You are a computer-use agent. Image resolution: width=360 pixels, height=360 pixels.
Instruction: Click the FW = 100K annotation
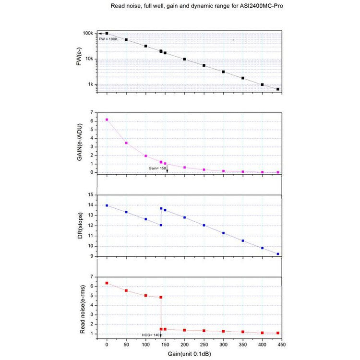tap(108, 38)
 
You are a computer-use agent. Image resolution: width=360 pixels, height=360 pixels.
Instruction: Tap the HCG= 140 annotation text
tap(149, 335)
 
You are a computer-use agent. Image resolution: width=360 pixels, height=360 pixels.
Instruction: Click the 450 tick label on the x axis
tap(282, 345)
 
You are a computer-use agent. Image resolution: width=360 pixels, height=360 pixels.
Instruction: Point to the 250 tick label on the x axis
tap(204, 345)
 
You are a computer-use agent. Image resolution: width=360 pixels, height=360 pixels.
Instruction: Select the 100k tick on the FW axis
tap(87, 33)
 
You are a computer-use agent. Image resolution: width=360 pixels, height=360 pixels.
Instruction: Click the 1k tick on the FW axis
tap(90, 84)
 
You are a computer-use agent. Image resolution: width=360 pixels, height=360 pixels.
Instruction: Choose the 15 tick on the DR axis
tap(90, 195)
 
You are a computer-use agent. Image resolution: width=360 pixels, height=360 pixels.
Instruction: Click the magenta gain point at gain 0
tap(107, 120)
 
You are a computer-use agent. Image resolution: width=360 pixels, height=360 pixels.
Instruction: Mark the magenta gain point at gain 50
tap(126, 143)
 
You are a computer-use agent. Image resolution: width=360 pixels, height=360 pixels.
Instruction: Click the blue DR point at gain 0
tap(107, 205)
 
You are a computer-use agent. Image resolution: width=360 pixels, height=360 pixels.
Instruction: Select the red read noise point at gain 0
tap(107, 283)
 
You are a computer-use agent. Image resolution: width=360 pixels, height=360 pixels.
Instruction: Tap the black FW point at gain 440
tap(278, 89)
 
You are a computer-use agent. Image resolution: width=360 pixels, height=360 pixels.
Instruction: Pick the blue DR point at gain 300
tap(223, 233)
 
